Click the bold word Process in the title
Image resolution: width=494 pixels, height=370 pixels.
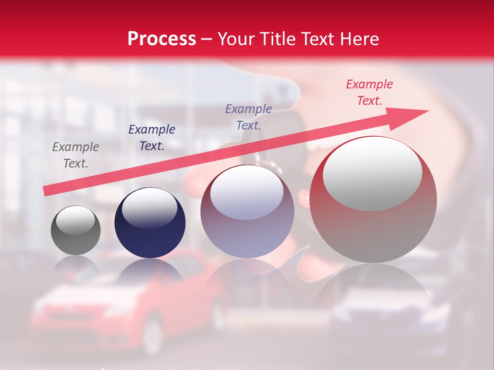(162, 39)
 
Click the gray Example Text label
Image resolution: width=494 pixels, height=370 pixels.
(76, 155)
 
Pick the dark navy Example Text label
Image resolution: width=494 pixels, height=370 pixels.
(151, 138)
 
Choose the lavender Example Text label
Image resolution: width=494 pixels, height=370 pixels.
(249, 117)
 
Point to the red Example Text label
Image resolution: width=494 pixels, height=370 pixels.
(369, 92)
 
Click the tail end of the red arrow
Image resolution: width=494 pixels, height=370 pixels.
(46, 191)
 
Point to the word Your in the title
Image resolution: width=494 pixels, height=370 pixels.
(237, 39)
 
